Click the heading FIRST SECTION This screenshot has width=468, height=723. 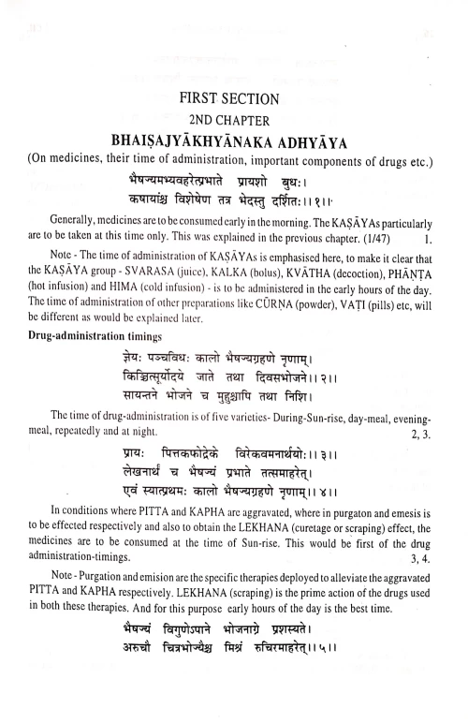(x=234, y=99)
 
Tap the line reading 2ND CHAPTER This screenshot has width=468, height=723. (x=234, y=121)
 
